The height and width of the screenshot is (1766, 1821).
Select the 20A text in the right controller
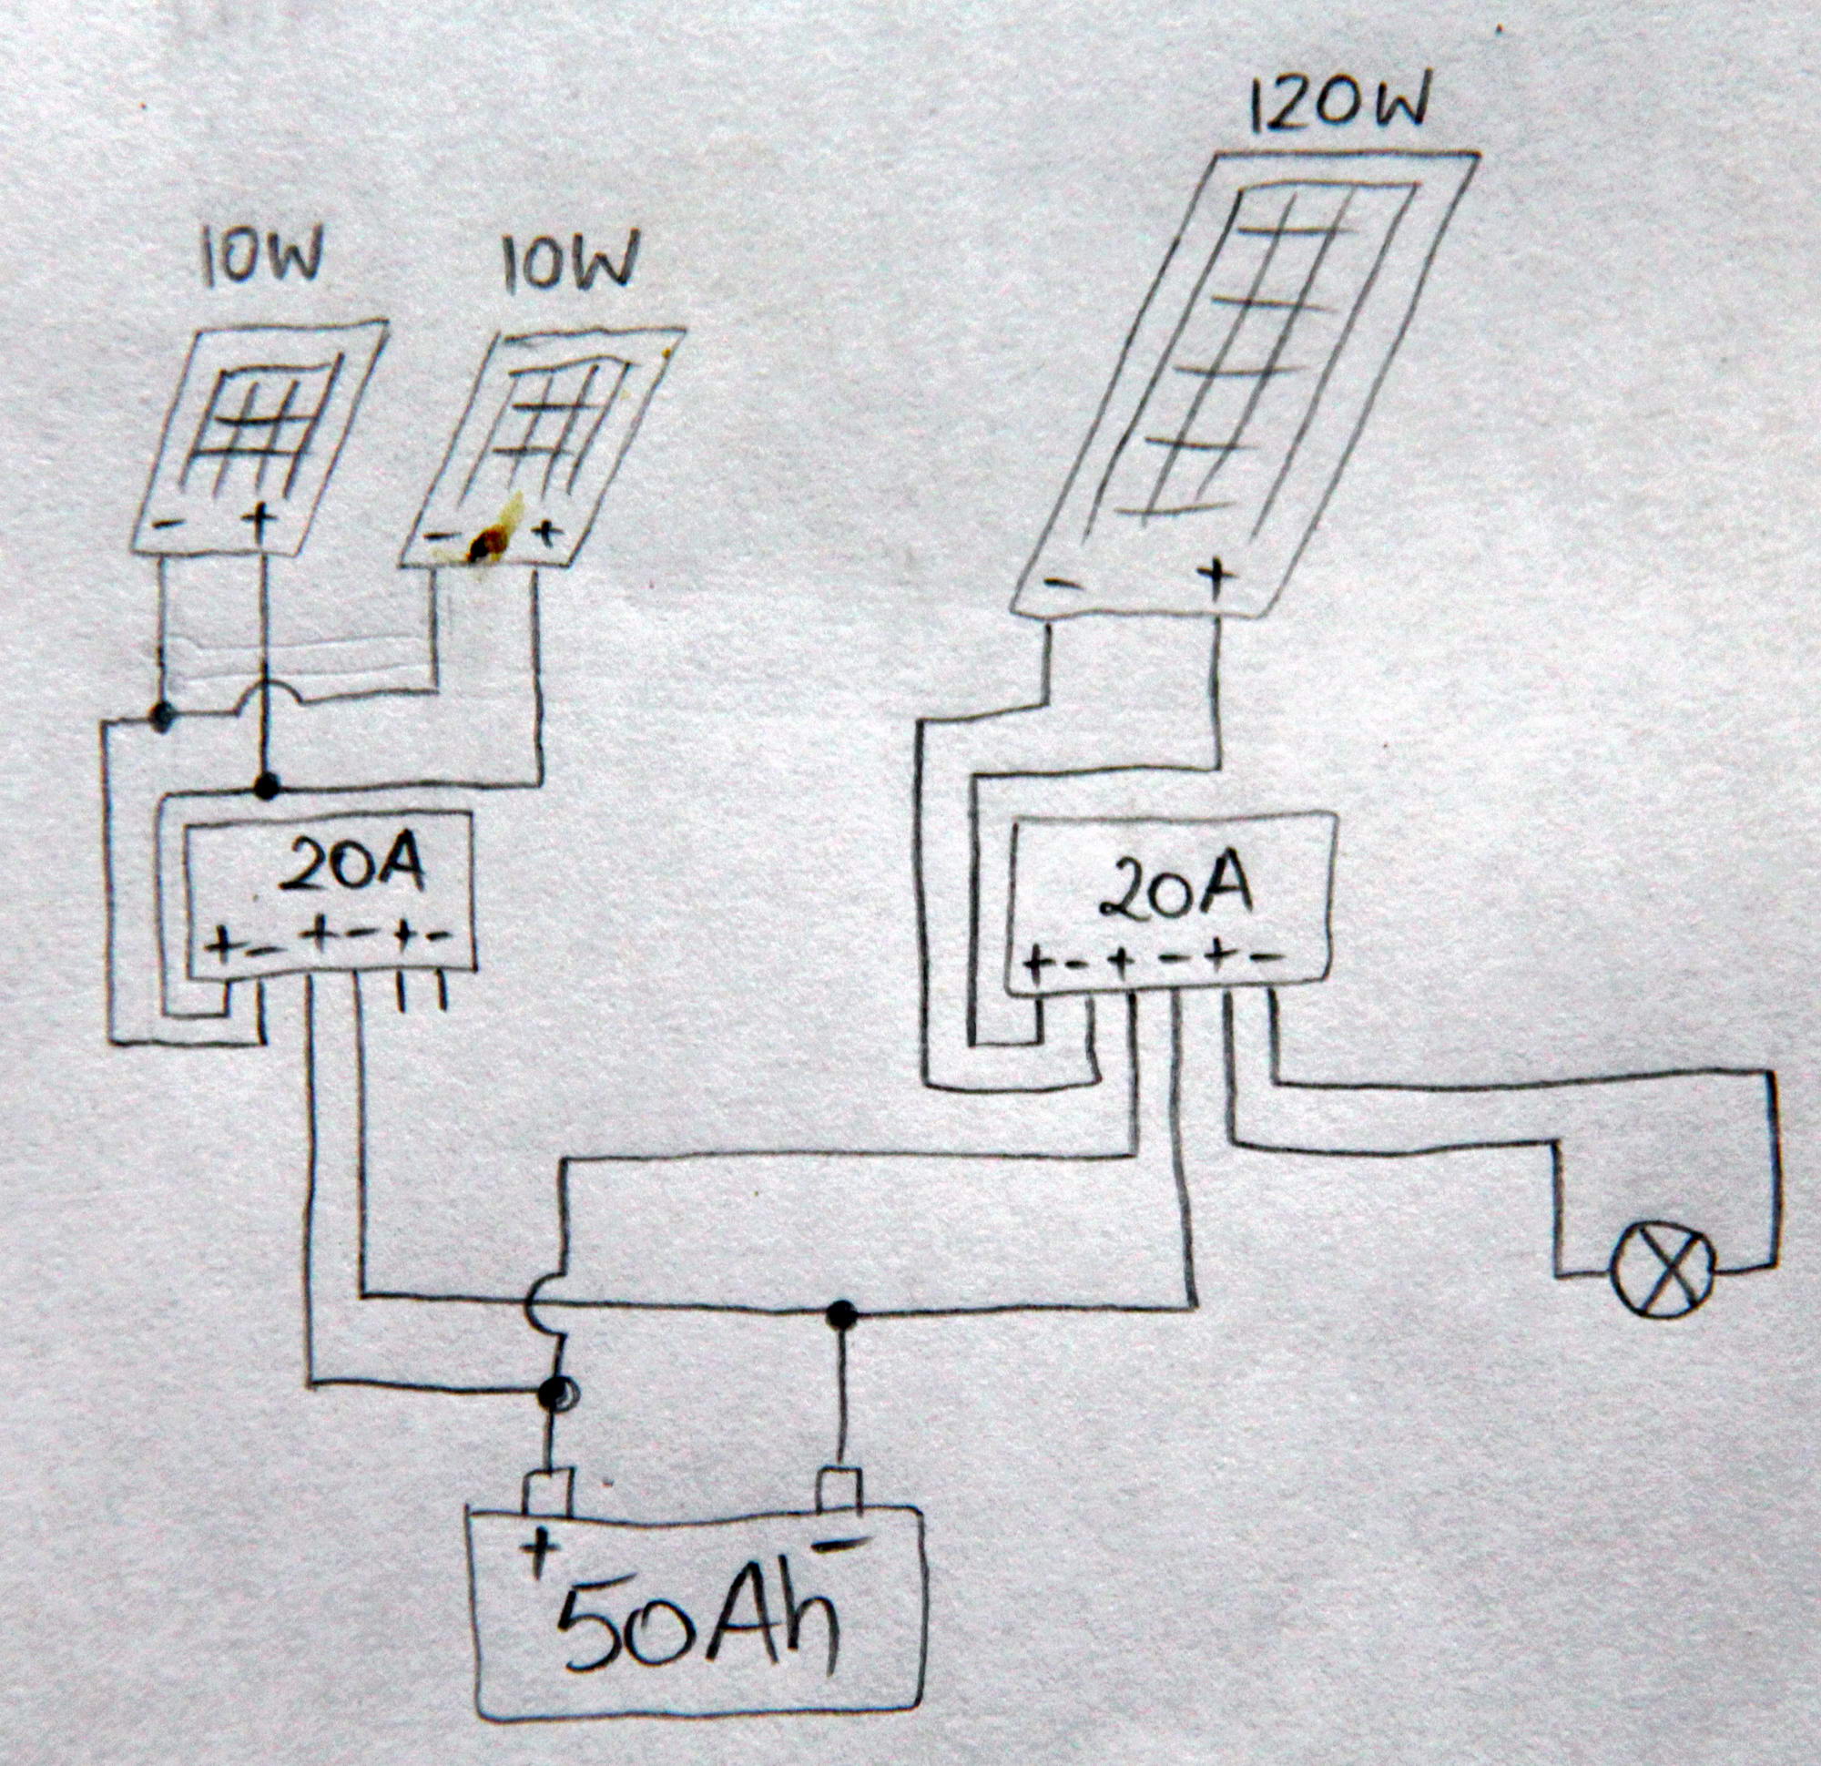pos(1175,888)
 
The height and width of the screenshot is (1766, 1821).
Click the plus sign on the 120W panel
pos(1216,572)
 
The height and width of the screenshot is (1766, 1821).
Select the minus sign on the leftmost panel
pos(168,524)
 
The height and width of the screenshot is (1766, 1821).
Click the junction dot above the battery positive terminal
pos(554,1391)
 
